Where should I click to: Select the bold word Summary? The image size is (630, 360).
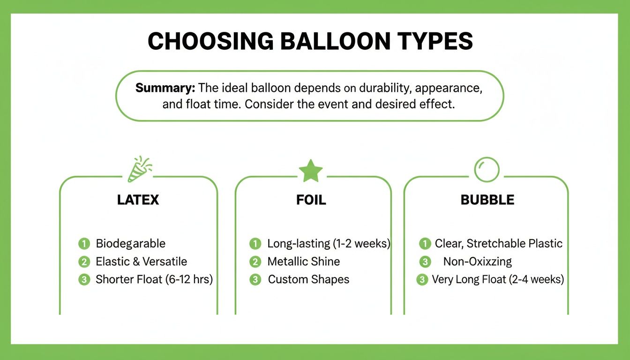click(165, 88)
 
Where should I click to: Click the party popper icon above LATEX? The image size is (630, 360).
click(140, 169)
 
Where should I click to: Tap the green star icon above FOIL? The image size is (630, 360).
click(311, 171)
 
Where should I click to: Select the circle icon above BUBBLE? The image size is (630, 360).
click(487, 169)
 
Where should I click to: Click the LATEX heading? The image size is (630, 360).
click(138, 200)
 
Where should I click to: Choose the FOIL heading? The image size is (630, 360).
click(311, 200)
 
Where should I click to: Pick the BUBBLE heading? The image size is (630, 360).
click(487, 200)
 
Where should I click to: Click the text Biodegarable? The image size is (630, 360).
click(130, 244)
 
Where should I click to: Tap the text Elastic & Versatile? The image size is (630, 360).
click(141, 262)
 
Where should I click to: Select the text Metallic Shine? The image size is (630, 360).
click(303, 262)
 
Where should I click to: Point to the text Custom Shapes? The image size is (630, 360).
click(308, 280)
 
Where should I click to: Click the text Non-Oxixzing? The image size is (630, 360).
click(477, 262)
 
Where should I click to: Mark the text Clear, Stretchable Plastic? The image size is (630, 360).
click(498, 244)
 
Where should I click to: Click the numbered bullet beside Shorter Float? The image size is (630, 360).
click(84, 280)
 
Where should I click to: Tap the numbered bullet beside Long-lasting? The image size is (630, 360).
click(255, 244)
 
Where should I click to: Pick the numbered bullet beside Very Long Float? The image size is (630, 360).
click(422, 280)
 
